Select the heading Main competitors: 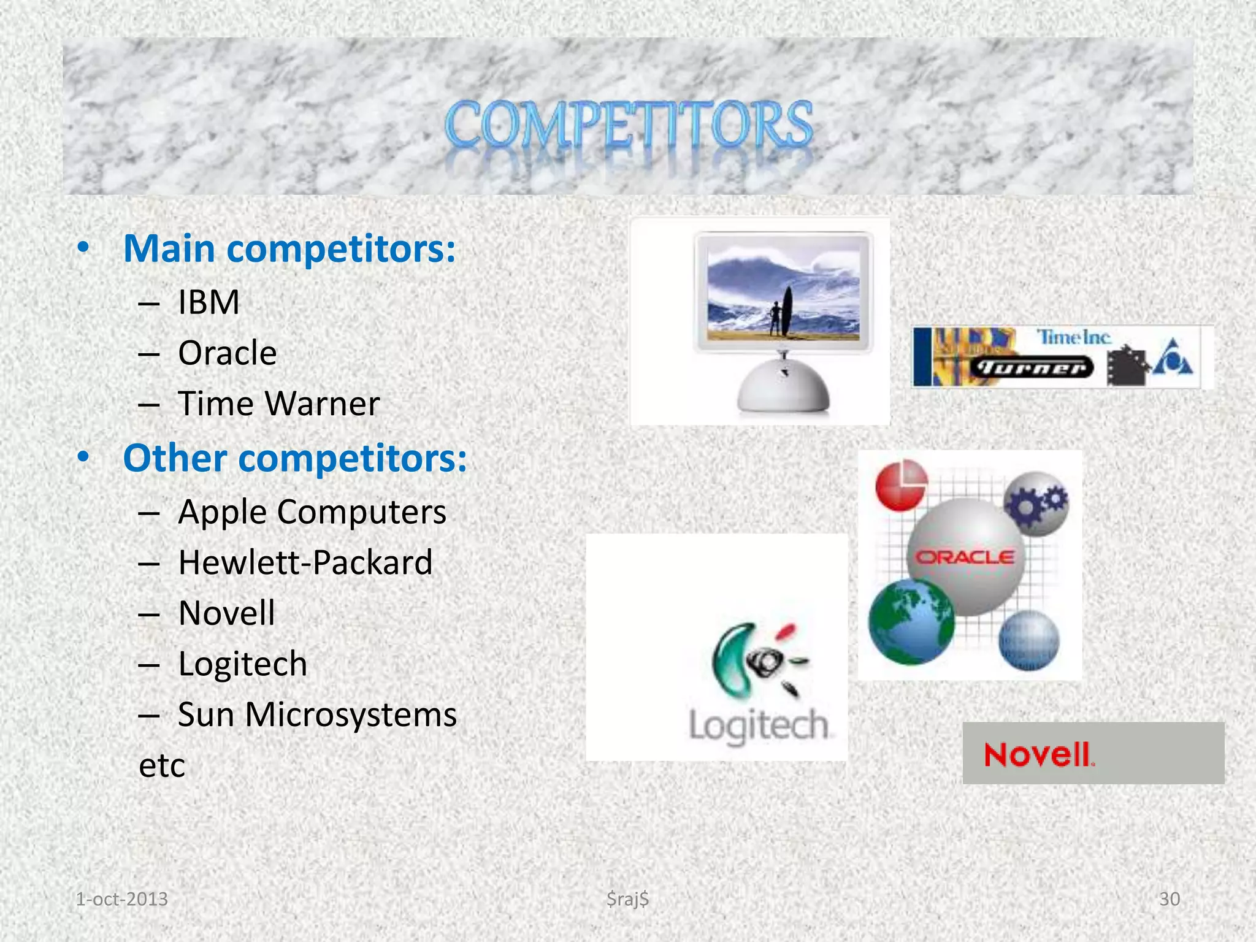click(x=289, y=249)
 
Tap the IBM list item click(x=209, y=302)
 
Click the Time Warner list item click(x=278, y=404)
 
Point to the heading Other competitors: click(x=295, y=458)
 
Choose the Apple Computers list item click(x=312, y=511)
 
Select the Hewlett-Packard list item click(x=305, y=562)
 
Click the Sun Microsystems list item click(x=317, y=714)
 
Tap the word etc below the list click(x=162, y=765)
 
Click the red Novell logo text click(x=1038, y=754)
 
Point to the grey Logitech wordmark click(x=759, y=726)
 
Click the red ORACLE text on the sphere click(x=965, y=557)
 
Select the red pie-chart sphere click(x=902, y=485)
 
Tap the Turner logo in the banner click(x=1032, y=367)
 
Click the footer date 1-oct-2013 click(x=121, y=899)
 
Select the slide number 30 click(x=1169, y=899)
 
